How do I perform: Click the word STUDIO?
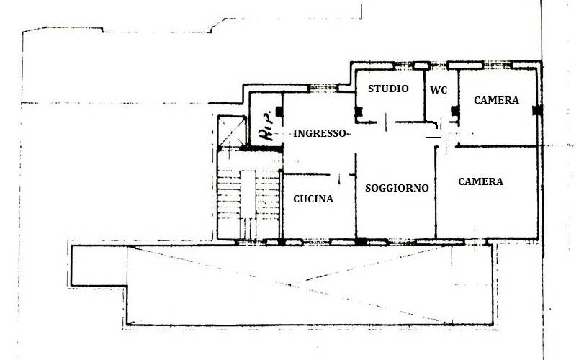click(388, 89)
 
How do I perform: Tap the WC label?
click(439, 90)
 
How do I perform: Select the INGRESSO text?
click(320, 133)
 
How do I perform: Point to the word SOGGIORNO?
click(397, 188)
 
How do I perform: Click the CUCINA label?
click(313, 199)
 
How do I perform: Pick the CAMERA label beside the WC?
click(496, 100)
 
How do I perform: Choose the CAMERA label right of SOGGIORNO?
click(480, 181)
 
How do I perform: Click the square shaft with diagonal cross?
click(232, 131)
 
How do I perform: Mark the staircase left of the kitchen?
click(248, 194)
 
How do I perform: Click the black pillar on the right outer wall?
click(536, 111)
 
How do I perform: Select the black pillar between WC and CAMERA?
click(455, 111)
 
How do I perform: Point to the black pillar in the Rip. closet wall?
click(279, 112)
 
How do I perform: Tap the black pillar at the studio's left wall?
click(359, 112)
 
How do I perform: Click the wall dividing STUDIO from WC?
click(424, 96)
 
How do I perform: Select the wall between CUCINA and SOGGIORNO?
click(356, 196)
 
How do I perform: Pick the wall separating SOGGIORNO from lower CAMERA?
click(436, 192)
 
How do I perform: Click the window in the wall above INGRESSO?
click(323, 89)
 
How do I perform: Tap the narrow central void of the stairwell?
click(248, 194)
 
